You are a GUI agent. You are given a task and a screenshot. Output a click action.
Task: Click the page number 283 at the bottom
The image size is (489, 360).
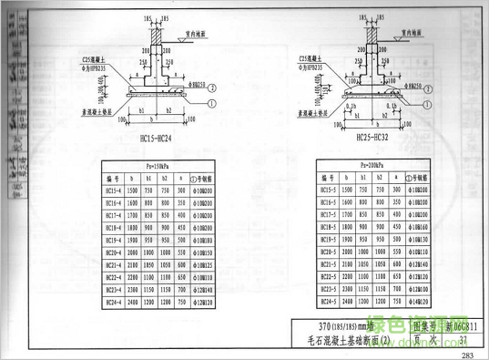[x=468, y=354]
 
